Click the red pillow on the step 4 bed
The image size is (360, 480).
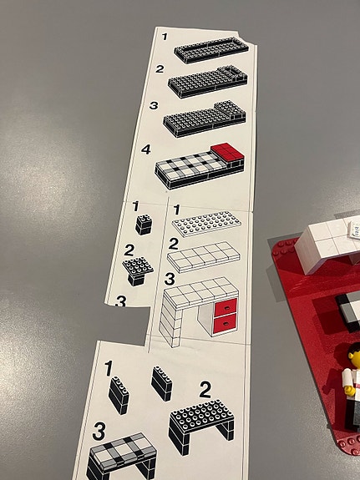[x=227, y=152]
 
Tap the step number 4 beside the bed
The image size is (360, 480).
[x=146, y=149]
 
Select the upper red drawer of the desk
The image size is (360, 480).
[x=226, y=308]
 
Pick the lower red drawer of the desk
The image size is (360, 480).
[x=226, y=324]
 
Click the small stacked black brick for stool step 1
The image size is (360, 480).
[x=144, y=225]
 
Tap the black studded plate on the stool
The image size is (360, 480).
[x=138, y=265]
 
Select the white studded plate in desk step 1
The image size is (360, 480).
[x=206, y=224]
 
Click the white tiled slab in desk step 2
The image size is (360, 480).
[x=204, y=256]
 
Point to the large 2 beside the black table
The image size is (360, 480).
[x=205, y=389]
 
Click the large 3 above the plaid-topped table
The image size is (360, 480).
[x=99, y=431]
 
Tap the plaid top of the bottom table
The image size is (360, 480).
[x=124, y=448]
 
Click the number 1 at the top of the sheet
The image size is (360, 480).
[x=165, y=37]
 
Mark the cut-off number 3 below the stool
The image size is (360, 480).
[x=121, y=301]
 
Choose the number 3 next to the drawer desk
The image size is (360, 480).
[x=170, y=279]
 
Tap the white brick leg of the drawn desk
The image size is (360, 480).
[x=170, y=321]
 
